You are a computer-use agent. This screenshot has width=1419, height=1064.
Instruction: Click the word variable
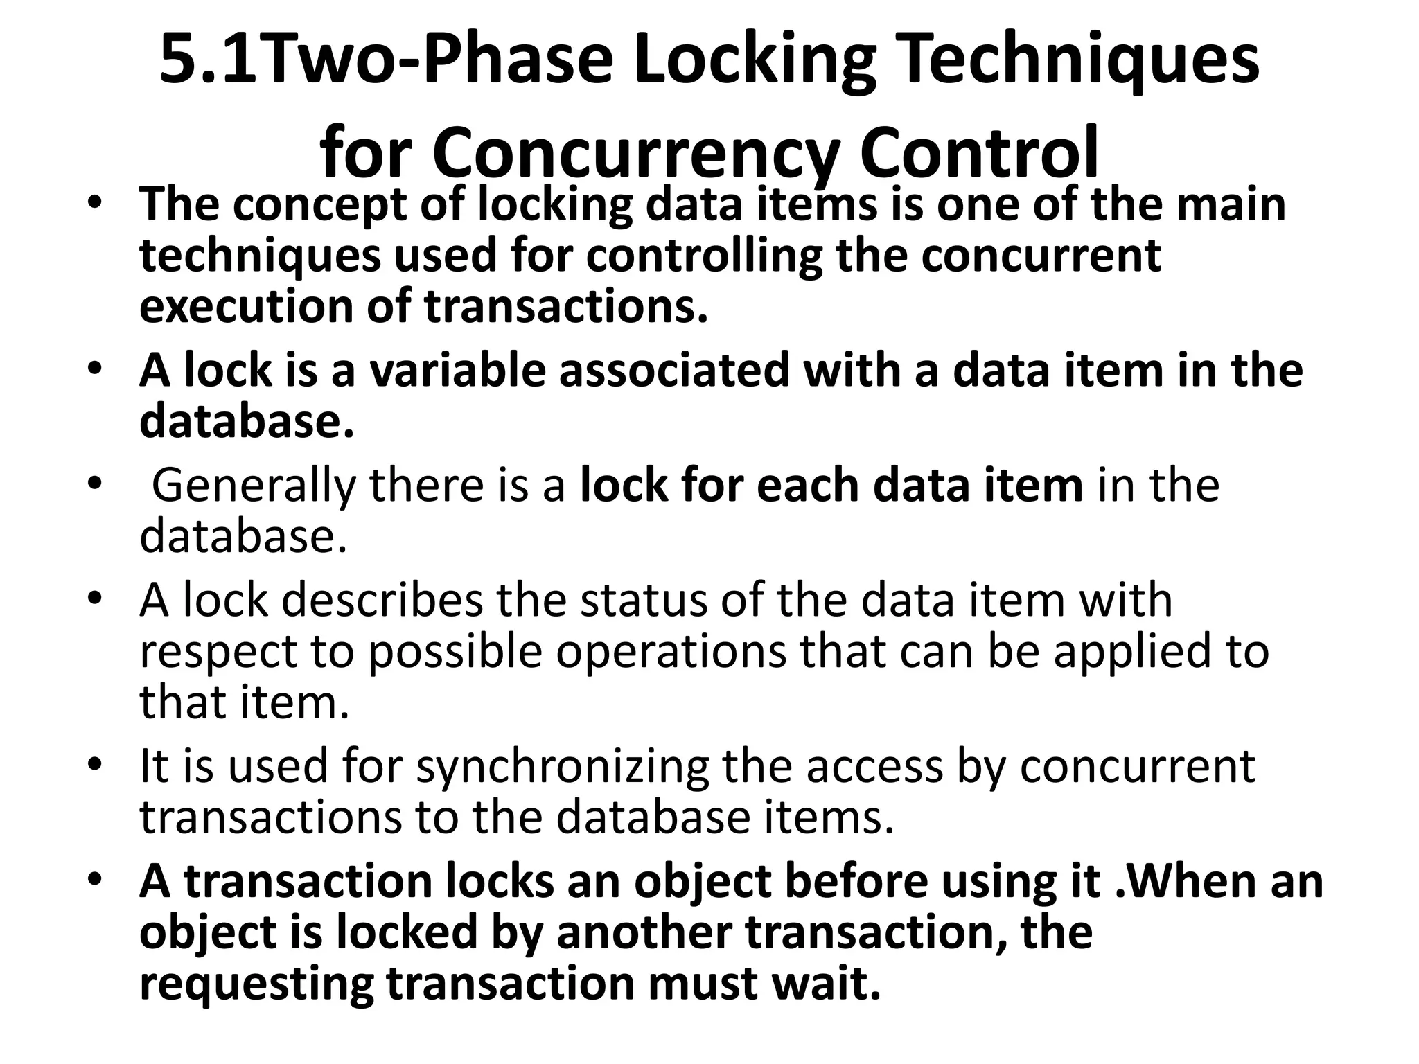point(458,371)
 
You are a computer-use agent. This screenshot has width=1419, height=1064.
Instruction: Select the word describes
point(382,600)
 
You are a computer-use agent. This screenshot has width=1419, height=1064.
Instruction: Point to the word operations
point(671,651)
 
